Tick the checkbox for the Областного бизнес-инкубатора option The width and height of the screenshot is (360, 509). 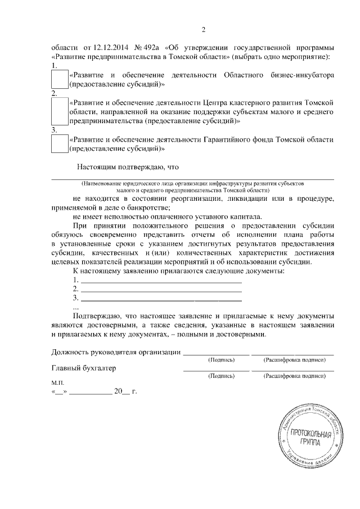click(59, 79)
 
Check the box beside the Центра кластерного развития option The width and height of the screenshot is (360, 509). click(59, 111)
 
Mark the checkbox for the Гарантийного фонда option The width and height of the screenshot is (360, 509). click(59, 143)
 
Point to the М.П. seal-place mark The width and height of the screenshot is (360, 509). click(58, 382)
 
